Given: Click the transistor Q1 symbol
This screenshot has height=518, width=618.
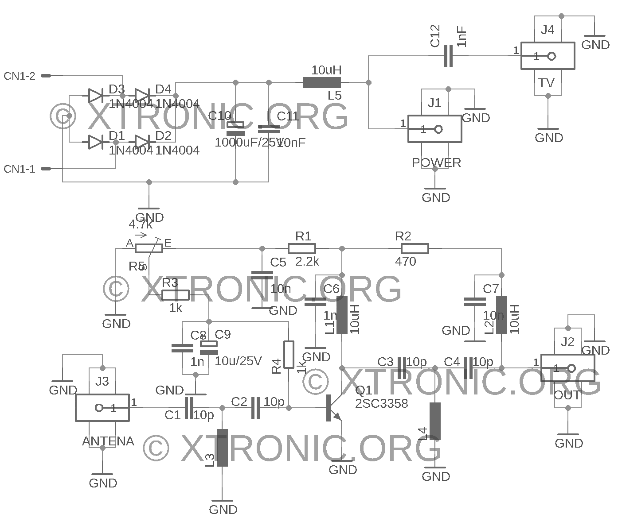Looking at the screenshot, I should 333,408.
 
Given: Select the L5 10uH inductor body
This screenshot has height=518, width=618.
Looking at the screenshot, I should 322,82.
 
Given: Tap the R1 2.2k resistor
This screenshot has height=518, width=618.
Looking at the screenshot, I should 302,248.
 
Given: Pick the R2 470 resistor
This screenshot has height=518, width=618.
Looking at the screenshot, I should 415,248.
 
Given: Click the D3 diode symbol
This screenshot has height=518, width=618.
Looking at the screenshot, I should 96,95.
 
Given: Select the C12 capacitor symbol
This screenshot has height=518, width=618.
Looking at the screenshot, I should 448,56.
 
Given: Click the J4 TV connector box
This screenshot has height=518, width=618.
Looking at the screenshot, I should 548,56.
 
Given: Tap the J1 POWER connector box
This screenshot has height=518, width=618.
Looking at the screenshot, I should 434,129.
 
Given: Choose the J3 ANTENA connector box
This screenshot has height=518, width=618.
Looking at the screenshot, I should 102,408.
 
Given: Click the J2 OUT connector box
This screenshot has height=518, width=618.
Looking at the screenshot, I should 567,368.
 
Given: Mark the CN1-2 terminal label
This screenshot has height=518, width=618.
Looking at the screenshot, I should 20,76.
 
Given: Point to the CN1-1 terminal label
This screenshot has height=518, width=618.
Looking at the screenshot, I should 20,169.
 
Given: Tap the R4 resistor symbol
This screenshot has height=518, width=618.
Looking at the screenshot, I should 289,354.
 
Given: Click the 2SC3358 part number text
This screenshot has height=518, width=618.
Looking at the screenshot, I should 381,403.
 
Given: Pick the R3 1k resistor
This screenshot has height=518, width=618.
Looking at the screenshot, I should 176,295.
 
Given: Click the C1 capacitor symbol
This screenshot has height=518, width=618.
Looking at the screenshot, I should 189,408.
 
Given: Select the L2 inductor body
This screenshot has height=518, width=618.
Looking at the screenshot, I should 501,315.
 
